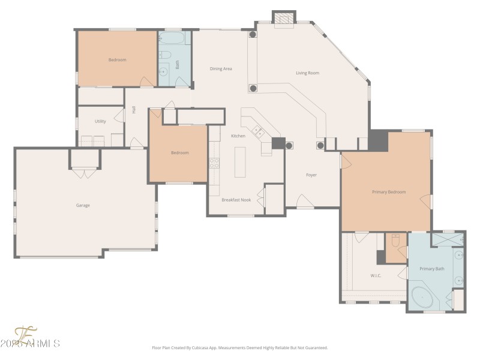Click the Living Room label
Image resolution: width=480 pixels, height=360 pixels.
click(x=307, y=73)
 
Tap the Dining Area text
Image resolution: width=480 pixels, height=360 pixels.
click(x=221, y=69)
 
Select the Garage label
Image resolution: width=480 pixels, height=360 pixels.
click(x=83, y=205)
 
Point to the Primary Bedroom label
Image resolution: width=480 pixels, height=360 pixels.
click(x=389, y=192)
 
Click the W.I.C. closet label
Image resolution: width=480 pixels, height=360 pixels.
click(x=376, y=276)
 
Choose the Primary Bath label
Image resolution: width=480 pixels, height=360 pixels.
click(x=432, y=269)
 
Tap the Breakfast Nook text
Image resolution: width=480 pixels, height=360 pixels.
click(x=236, y=199)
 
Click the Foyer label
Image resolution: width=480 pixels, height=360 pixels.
click(x=311, y=175)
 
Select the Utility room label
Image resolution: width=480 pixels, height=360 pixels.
click(x=100, y=121)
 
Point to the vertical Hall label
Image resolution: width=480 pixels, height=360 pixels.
click(x=134, y=110)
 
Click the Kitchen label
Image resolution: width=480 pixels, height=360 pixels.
click(x=238, y=136)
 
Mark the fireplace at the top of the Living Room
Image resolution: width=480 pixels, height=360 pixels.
click(x=284, y=20)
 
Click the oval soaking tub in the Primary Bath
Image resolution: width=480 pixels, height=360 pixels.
click(x=425, y=297)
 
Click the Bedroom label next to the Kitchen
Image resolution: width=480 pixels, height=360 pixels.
click(x=179, y=153)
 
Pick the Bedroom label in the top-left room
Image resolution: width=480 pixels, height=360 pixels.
click(x=117, y=60)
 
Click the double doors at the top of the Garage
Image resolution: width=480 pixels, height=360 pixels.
click(x=85, y=173)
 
